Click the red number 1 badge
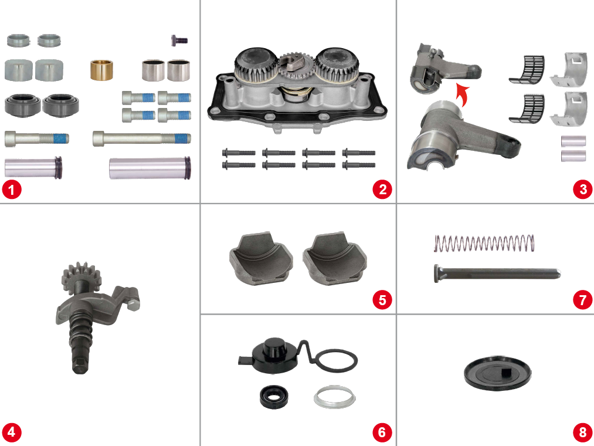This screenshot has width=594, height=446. click(x=12, y=189)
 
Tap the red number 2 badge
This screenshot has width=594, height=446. click(x=382, y=189)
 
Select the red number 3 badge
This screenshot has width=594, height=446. click(x=583, y=189)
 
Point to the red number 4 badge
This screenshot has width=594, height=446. click(x=12, y=432)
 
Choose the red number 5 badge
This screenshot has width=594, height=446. click(x=382, y=300)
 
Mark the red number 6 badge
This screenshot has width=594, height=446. click(x=382, y=432)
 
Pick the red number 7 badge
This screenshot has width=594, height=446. click(x=583, y=300)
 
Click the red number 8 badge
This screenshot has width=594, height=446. click(x=583, y=432)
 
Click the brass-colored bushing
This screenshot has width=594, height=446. click(x=101, y=70)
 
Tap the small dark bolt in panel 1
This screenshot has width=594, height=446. click(x=179, y=40)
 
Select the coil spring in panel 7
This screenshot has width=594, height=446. click(x=484, y=243)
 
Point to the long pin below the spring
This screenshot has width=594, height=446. click(x=497, y=273)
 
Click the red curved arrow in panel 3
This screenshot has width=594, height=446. click(x=462, y=96)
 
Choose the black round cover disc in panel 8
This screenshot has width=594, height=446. click(x=497, y=373)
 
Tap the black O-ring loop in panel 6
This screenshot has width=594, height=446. click(x=336, y=361)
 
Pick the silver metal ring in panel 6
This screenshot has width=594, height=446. click(x=334, y=397)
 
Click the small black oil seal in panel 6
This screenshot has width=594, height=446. click(x=273, y=397)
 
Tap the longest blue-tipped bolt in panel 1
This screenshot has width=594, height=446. click(x=142, y=138)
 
